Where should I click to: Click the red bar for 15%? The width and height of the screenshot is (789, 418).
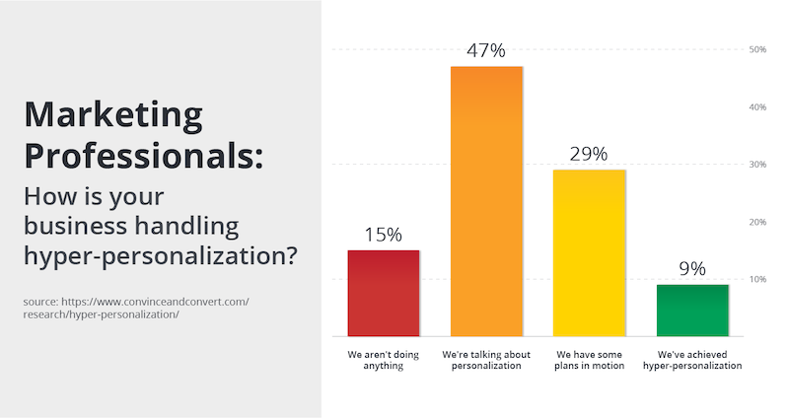pos(384,293)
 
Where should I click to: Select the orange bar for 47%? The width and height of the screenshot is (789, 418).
pos(486,201)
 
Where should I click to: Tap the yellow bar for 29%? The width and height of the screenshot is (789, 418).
pos(589,253)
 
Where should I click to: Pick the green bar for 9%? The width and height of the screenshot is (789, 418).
pos(692,311)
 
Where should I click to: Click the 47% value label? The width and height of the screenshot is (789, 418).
pos(486,50)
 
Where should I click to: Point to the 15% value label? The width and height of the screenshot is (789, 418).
pos(384,235)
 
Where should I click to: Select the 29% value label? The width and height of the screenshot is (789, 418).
pos(589,154)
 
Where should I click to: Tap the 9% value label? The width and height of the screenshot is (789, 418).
pos(692,268)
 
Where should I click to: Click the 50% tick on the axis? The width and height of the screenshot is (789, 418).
pos(757,49)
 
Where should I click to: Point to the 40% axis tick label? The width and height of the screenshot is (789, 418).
pos(757,107)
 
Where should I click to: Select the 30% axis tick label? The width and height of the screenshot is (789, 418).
pos(757,164)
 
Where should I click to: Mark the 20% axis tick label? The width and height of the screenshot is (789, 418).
pos(757,222)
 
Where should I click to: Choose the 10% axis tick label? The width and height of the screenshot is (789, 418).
pos(757,279)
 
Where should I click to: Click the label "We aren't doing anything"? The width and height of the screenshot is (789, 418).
pos(384,360)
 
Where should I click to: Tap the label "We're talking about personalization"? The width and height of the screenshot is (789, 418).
pos(486,360)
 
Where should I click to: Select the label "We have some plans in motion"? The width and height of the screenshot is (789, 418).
pos(589,360)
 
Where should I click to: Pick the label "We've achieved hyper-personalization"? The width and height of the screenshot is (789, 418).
pos(692,360)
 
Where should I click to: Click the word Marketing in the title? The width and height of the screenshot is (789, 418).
pos(113,115)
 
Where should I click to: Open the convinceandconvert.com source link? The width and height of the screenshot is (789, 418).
pos(136,308)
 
